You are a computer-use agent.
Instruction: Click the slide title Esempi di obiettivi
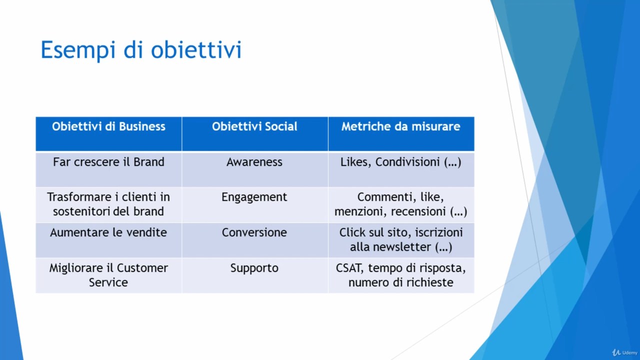141,50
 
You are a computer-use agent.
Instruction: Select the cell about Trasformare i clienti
108,204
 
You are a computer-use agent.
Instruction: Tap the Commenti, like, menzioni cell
401,204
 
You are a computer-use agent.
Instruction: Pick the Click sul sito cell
401,239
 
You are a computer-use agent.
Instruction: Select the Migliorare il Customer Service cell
108,275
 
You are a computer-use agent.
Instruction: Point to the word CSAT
349,268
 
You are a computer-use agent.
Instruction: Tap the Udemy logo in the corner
624,352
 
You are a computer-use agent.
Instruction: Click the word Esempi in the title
78,50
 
